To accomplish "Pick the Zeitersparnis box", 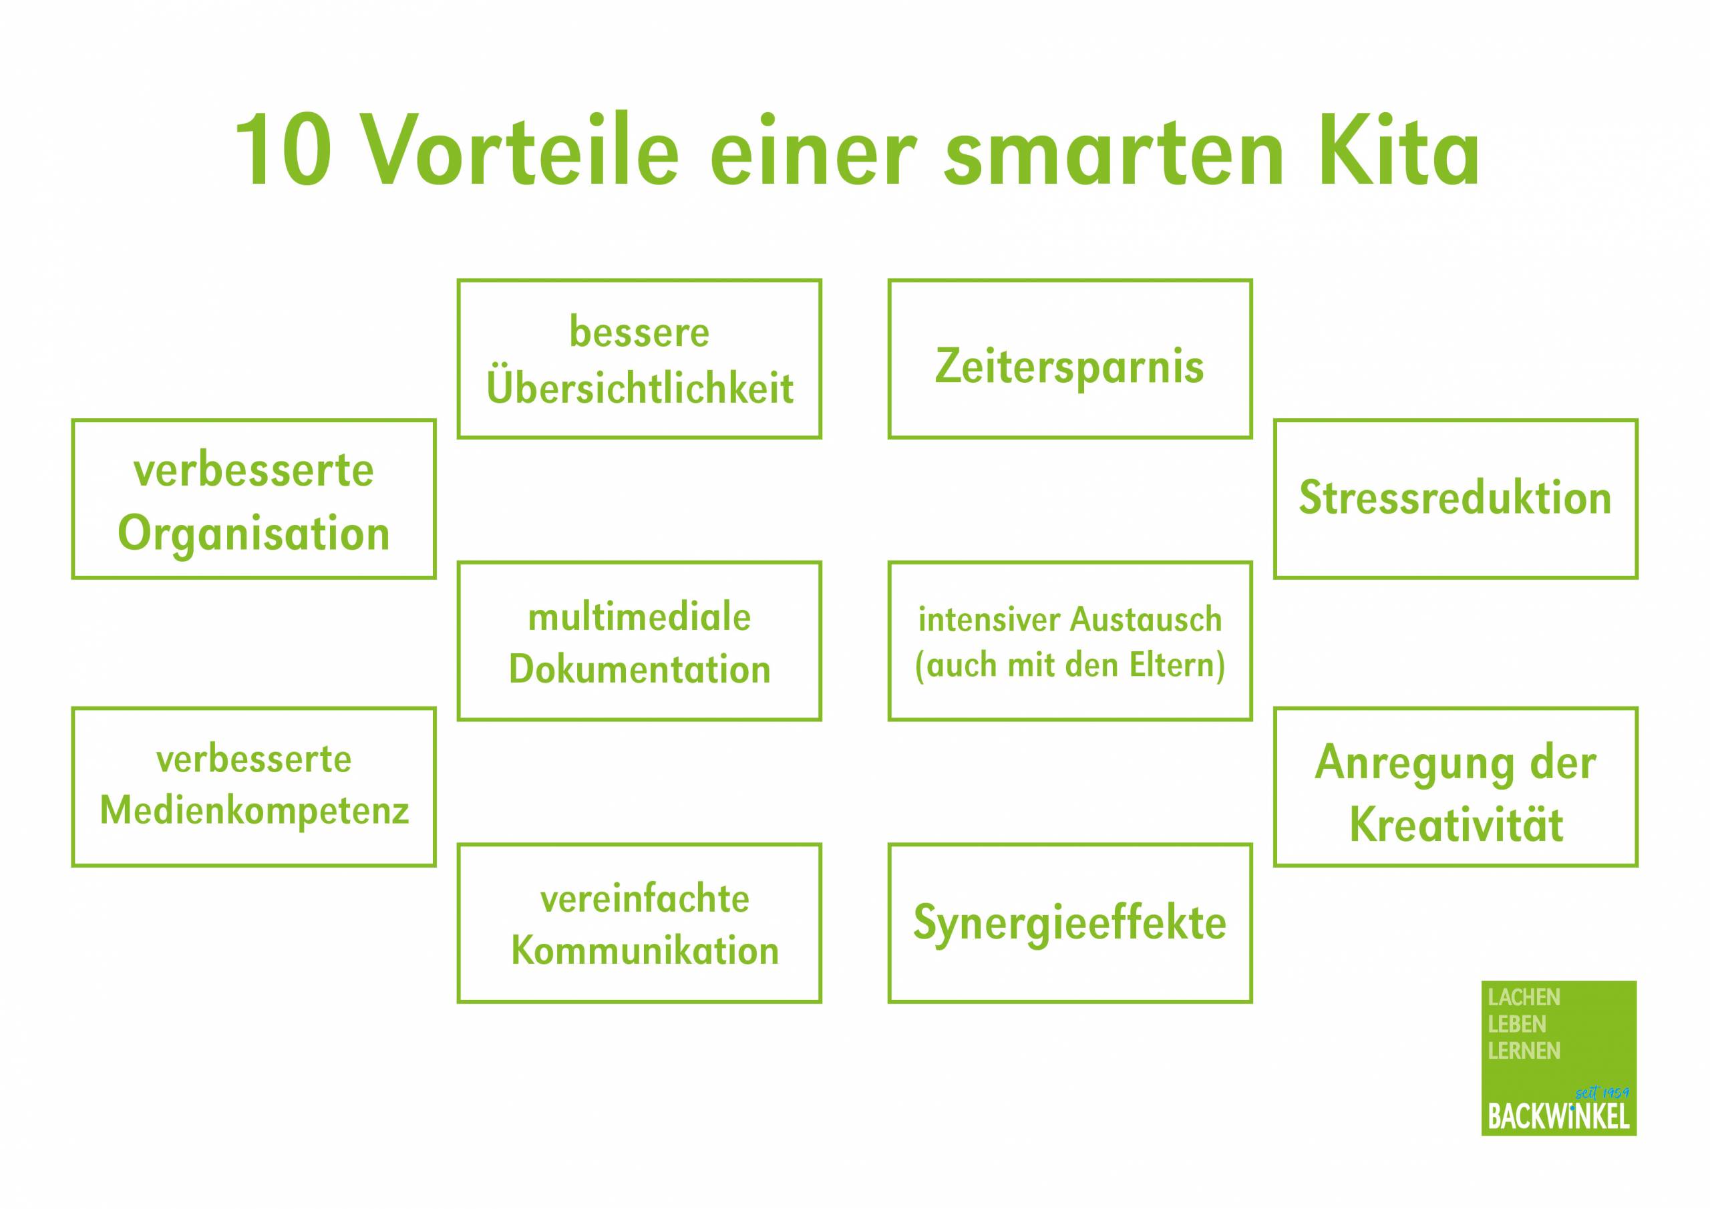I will click(x=1069, y=359).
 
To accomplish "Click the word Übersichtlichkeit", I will click(x=640, y=387).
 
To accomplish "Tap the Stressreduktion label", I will click(x=1456, y=498).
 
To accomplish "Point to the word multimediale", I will click(x=640, y=617).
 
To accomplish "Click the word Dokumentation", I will click(x=640, y=669).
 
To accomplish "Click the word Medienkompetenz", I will click(x=254, y=811).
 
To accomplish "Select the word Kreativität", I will click(x=1456, y=826).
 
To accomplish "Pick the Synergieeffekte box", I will click(x=1069, y=923).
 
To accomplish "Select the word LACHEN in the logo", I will click(x=1524, y=997).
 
